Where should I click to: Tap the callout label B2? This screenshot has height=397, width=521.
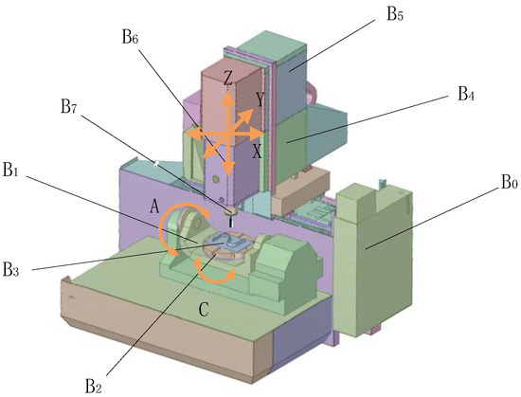pos(93,385)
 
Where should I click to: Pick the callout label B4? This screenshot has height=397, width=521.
pos(465,94)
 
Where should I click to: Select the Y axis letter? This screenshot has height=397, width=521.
pos(259,98)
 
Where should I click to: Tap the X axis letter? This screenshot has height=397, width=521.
pos(257,150)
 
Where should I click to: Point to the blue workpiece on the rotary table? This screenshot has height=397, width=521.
pos(227,245)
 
